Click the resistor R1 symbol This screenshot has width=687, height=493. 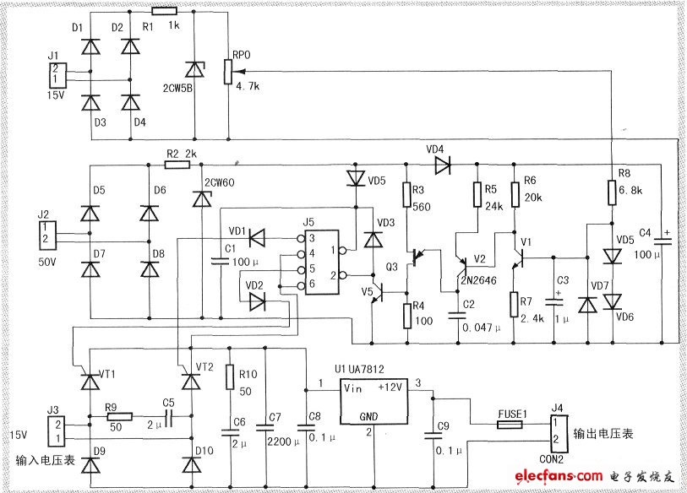pos(164,12)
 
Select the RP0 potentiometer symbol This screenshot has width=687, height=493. pos(229,73)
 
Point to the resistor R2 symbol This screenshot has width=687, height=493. pos(177,165)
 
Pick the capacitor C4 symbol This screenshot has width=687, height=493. pos(661,240)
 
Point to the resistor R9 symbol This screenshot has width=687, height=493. pos(119,415)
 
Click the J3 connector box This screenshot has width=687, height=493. pos(54,429)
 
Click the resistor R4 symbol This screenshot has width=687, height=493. pos(406,316)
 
